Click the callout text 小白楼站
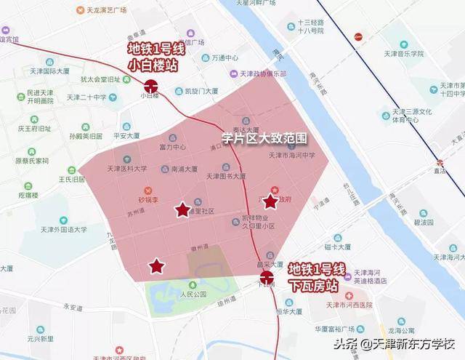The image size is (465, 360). [153, 64]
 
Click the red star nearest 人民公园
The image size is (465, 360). [156, 265]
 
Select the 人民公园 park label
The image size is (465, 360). [190, 295]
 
